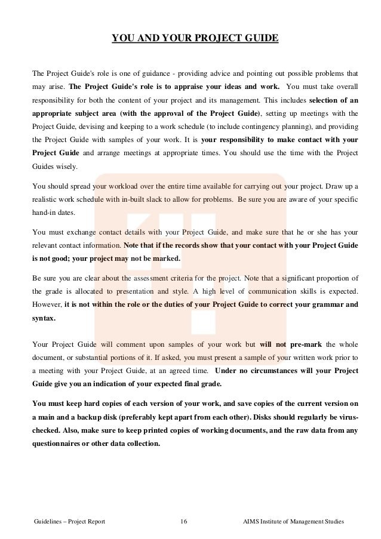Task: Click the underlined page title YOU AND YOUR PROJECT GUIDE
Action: coord(195,39)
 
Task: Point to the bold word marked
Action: coord(164,259)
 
